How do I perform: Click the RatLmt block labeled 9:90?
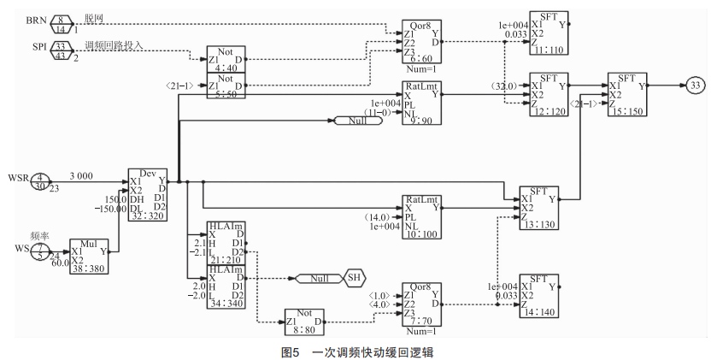(424, 103)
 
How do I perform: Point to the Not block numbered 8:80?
(303, 321)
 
